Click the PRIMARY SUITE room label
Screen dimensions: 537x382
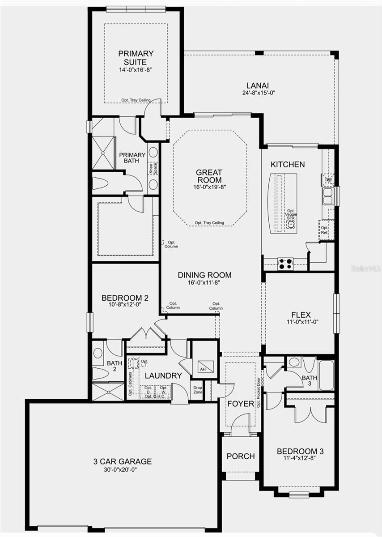136,58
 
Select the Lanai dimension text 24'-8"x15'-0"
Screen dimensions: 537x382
260,93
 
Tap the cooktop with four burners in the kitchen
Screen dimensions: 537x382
285,264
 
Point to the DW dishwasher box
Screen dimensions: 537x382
328,179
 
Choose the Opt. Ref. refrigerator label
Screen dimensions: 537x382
324,230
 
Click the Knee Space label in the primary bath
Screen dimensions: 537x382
153,168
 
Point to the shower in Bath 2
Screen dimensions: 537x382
108,392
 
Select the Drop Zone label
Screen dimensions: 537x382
198,390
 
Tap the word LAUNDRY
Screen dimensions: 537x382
163,376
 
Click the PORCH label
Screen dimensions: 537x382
241,456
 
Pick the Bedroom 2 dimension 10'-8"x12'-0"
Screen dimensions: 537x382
125,305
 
